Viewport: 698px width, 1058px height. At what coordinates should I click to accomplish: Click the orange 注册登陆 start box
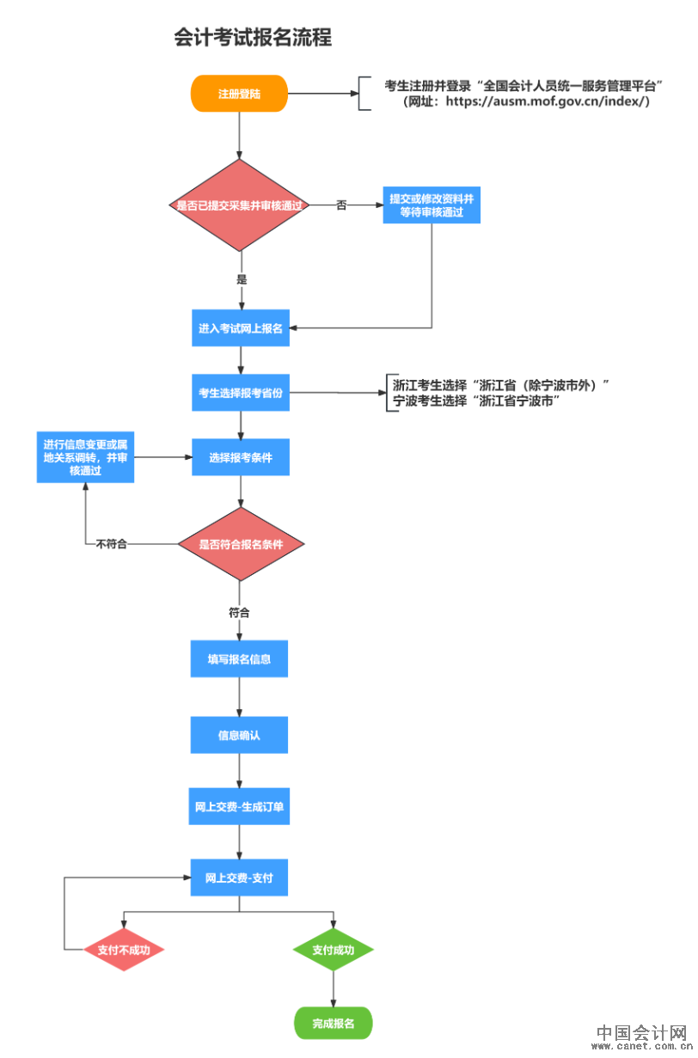click(239, 94)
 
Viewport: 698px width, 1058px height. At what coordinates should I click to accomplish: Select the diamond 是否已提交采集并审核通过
click(240, 205)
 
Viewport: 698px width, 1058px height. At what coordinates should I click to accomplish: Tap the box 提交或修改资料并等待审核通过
click(432, 205)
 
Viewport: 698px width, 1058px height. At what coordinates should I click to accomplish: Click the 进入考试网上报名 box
click(241, 328)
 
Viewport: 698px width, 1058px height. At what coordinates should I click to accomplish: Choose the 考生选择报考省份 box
click(241, 393)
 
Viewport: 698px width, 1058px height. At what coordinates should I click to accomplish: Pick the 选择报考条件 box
click(241, 457)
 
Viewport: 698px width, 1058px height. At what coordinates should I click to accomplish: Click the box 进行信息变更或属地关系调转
click(86, 457)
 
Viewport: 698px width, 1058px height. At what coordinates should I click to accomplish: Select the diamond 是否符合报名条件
click(241, 544)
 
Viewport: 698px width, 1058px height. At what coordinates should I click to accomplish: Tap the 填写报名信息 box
click(239, 659)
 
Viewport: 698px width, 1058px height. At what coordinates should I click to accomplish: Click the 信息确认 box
click(239, 736)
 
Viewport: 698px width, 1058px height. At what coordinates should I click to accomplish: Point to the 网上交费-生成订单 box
click(239, 807)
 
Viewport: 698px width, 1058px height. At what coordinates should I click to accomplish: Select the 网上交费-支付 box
click(239, 878)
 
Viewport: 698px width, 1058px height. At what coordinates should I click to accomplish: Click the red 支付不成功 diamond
click(124, 950)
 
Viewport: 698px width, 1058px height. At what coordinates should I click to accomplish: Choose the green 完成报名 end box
click(333, 1023)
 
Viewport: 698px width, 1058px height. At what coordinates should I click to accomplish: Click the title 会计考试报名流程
click(253, 38)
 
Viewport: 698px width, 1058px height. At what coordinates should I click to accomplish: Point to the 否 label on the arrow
click(341, 205)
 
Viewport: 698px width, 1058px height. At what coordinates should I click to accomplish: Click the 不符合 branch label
click(113, 544)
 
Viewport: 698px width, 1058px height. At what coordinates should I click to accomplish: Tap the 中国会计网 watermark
click(641, 1035)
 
